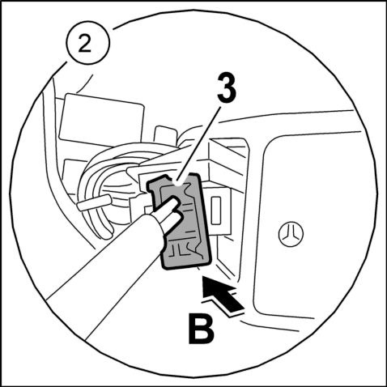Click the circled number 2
(88, 43)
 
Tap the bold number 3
(227, 88)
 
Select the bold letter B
(202, 329)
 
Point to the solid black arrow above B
(223, 293)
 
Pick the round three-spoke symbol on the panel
(291, 233)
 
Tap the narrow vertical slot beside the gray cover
(216, 211)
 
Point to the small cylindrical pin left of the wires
(93, 203)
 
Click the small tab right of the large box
(165, 134)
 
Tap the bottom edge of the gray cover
(186, 266)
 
